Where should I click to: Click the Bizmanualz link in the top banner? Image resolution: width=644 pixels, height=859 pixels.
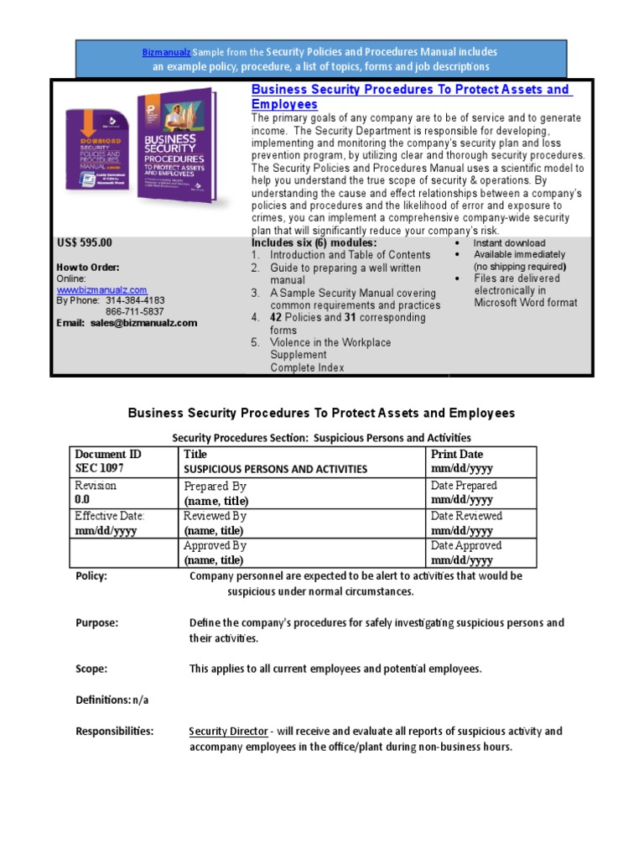click(x=165, y=52)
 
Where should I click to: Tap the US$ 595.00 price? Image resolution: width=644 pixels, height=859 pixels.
click(x=84, y=243)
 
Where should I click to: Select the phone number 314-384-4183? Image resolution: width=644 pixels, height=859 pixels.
click(x=135, y=300)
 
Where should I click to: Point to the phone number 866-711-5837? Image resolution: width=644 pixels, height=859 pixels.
click(x=135, y=311)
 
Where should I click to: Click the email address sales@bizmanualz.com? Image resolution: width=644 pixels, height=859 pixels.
click(x=143, y=323)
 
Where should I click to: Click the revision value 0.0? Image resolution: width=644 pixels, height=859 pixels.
click(x=82, y=500)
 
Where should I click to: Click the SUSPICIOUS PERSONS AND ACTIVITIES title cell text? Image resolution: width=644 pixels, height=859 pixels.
click(x=275, y=470)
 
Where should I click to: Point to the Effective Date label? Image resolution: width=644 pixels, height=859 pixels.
click(x=110, y=516)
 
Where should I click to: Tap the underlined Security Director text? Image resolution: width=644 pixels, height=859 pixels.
click(x=228, y=731)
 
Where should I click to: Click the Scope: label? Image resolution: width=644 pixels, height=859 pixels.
click(x=91, y=669)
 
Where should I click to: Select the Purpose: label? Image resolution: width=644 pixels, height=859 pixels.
click(x=96, y=623)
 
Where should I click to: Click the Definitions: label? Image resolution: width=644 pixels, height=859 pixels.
click(x=103, y=700)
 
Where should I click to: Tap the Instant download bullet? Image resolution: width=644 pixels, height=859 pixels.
click(x=509, y=243)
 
